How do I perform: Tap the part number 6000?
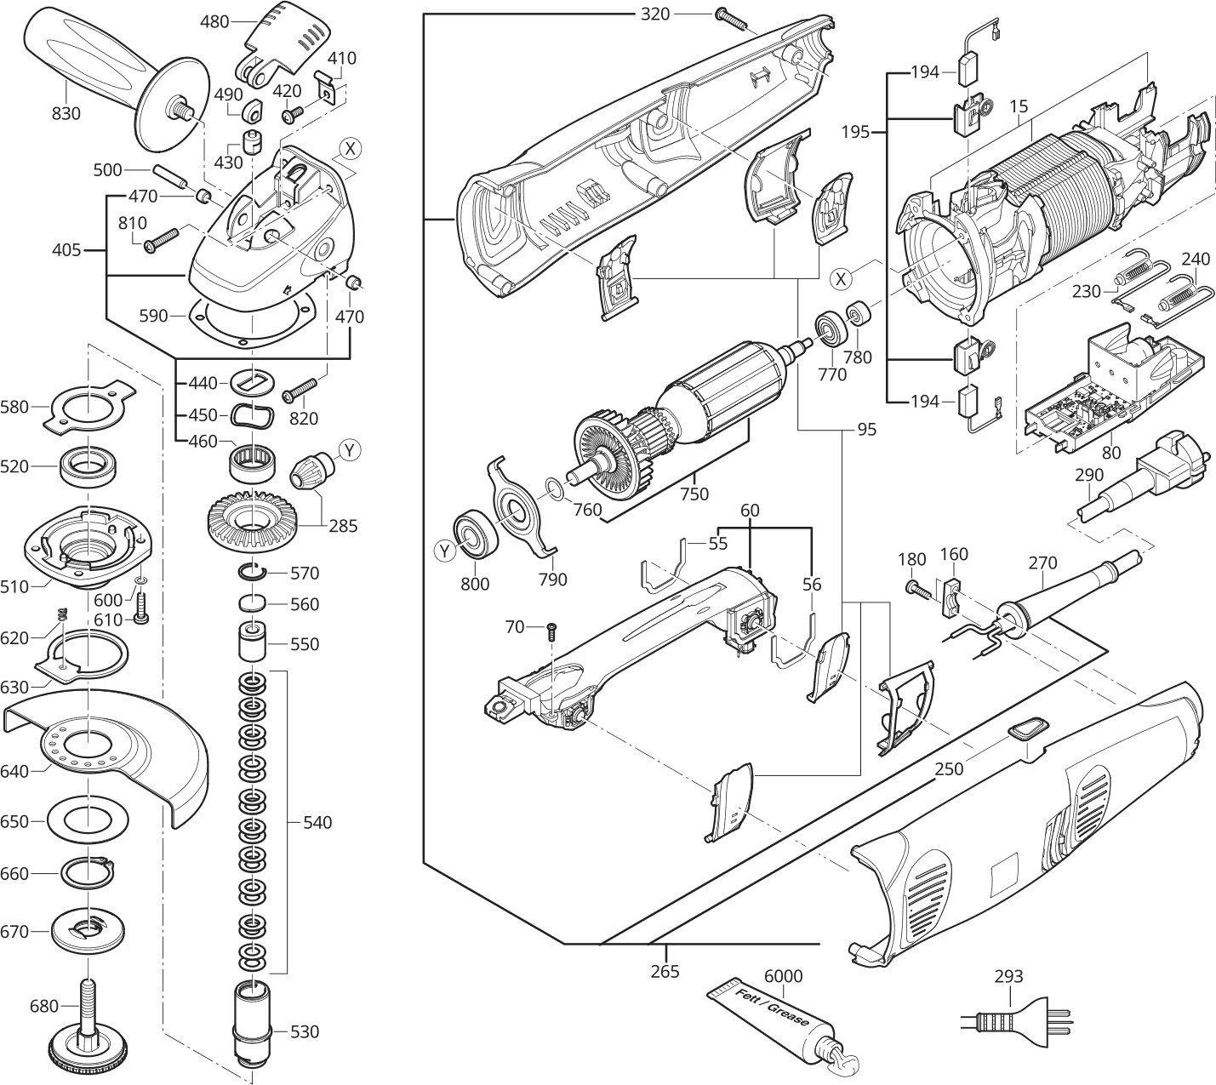coord(783,975)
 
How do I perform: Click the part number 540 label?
coord(317,823)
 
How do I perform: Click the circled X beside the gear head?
coord(349,150)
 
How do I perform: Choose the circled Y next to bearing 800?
coord(444,551)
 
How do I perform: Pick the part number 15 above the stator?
coord(1019,107)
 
